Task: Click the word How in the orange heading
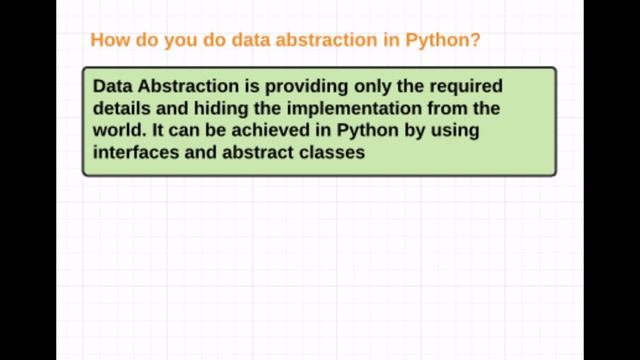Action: pos(107,41)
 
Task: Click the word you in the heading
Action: pos(186,41)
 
